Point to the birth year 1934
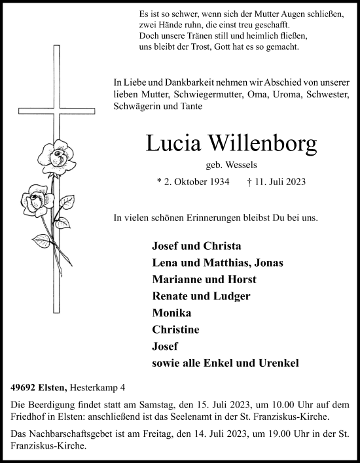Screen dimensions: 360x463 (215, 183)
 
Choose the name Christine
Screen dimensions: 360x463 (175, 330)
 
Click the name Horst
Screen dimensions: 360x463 (242, 279)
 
